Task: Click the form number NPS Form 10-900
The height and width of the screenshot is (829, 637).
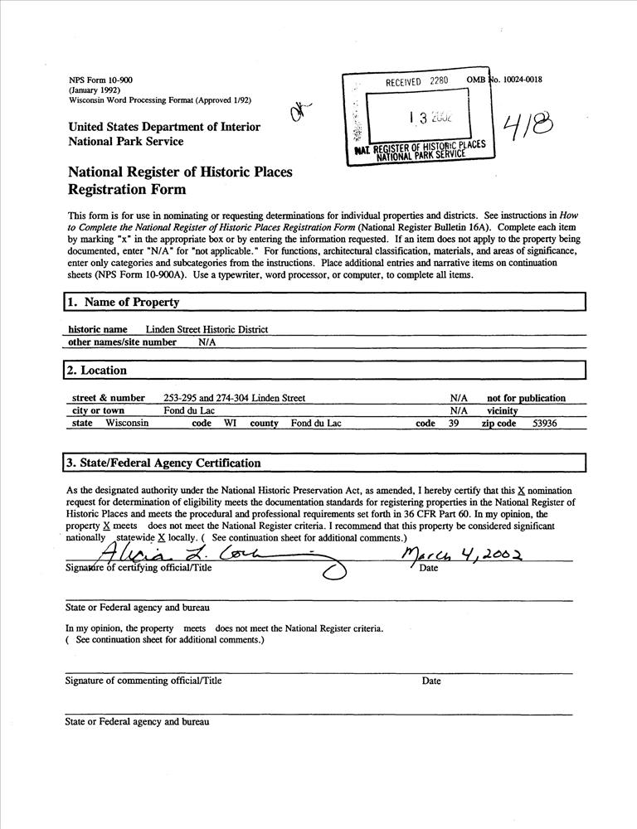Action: click(x=100, y=80)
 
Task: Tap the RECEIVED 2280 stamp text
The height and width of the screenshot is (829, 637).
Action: click(x=416, y=81)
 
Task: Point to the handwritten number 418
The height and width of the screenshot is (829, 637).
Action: click(x=530, y=128)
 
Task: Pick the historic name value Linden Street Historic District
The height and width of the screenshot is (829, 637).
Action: click(x=207, y=329)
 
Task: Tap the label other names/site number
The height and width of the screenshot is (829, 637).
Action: click(x=122, y=342)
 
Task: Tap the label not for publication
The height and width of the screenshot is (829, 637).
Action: click(x=526, y=398)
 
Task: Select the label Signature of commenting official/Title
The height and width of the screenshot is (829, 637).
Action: click(x=143, y=681)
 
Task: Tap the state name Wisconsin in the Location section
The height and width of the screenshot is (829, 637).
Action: click(x=127, y=423)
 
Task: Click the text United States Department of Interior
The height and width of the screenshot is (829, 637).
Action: click(x=164, y=127)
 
